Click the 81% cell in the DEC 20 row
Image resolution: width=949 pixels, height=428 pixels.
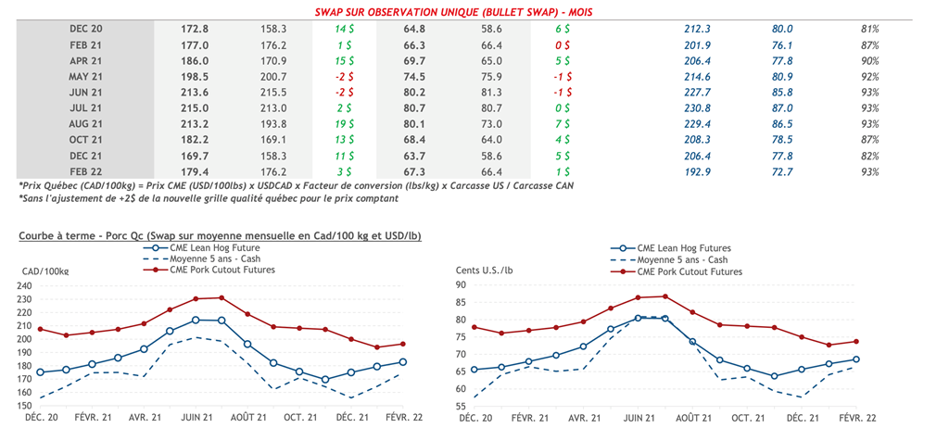tap(869, 29)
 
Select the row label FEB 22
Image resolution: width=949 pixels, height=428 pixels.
tap(86, 170)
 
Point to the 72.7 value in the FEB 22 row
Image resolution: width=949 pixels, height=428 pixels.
tap(783, 170)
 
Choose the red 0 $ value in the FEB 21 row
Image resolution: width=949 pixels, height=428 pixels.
tap(562, 44)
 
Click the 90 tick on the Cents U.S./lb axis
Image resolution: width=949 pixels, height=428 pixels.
tap(459, 285)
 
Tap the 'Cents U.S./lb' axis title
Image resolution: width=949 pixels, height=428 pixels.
tap(488, 270)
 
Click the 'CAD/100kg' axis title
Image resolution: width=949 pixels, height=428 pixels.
tap(44, 270)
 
